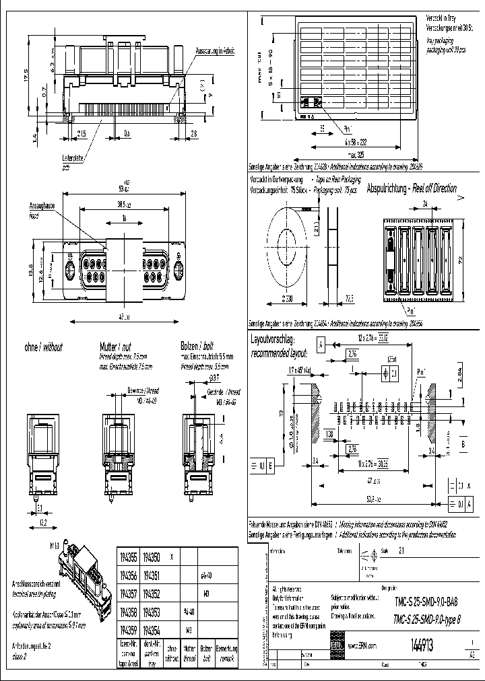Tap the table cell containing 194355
click(128, 557)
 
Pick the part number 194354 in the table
click(153, 631)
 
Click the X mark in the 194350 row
click(172, 557)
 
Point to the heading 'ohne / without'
click(43, 347)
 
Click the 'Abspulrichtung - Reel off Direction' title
click(412, 190)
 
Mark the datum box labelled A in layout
click(321, 345)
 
